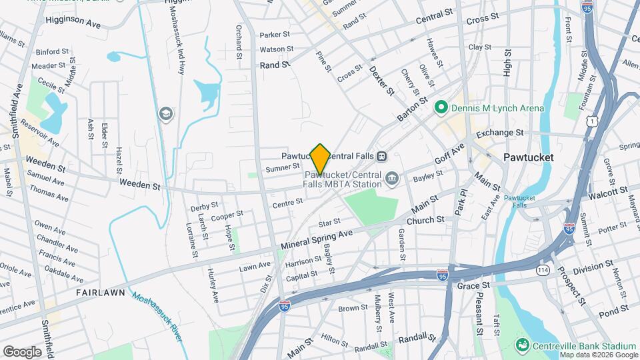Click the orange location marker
[320, 159]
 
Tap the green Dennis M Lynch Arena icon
[440, 107]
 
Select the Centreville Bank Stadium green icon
[523, 345]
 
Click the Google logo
[22, 351]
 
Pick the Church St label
[425, 220]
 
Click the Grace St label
[473, 285]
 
